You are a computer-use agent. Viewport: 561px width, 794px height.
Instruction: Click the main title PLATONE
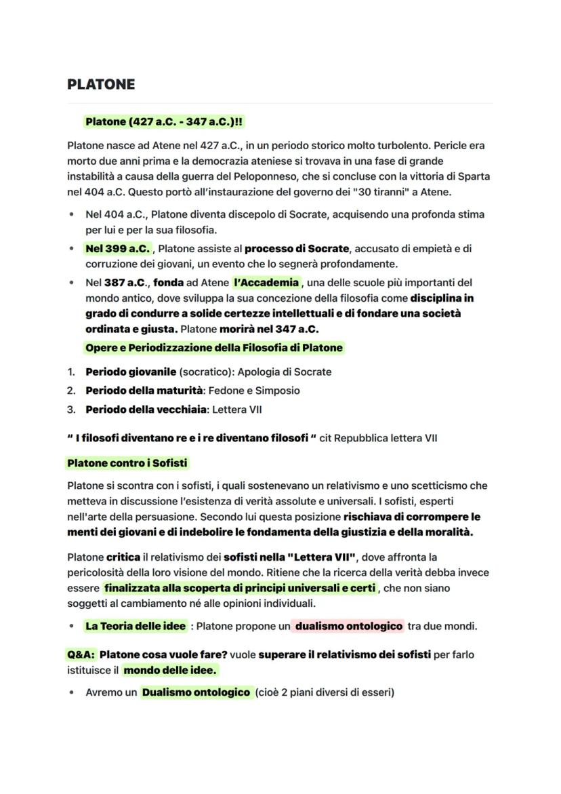[101, 84]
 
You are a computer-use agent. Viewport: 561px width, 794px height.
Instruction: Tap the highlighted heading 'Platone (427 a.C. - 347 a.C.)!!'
[163, 122]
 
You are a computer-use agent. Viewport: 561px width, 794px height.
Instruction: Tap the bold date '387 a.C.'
[127, 283]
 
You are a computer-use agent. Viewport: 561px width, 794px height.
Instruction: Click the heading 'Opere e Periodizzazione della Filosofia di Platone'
[214, 348]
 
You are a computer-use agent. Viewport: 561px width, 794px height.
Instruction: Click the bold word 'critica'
[123, 557]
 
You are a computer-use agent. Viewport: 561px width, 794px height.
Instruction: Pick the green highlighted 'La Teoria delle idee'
[136, 627]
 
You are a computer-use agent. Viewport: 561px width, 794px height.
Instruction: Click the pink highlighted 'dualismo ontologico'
[348, 627]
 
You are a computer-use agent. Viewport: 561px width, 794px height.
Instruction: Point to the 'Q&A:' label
[81, 655]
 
